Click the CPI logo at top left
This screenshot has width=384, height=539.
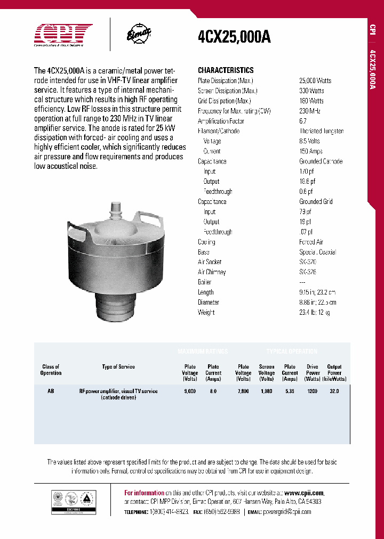click(x=63, y=35)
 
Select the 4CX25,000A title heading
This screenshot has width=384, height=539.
click(x=234, y=37)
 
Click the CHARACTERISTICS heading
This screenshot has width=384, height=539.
click(x=226, y=70)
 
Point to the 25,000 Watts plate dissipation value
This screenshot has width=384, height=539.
click(x=315, y=80)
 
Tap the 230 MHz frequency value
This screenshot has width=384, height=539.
click(x=310, y=111)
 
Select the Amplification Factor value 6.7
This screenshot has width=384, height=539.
click(x=303, y=121)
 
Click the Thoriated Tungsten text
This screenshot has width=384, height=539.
click(x=321, y=131)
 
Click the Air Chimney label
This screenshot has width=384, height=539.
click(x=212, y=272)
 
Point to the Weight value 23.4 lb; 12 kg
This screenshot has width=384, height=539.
click(x=314, y=313)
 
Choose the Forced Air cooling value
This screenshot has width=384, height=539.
click(x=311, y=242)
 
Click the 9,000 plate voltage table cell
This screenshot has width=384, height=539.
click(x=190, y=391)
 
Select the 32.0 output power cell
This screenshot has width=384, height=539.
click(x=334, y=391)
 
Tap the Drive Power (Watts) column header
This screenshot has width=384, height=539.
click(x=313, y=373)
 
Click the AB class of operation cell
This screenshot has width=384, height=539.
click(x=51, y=391)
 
